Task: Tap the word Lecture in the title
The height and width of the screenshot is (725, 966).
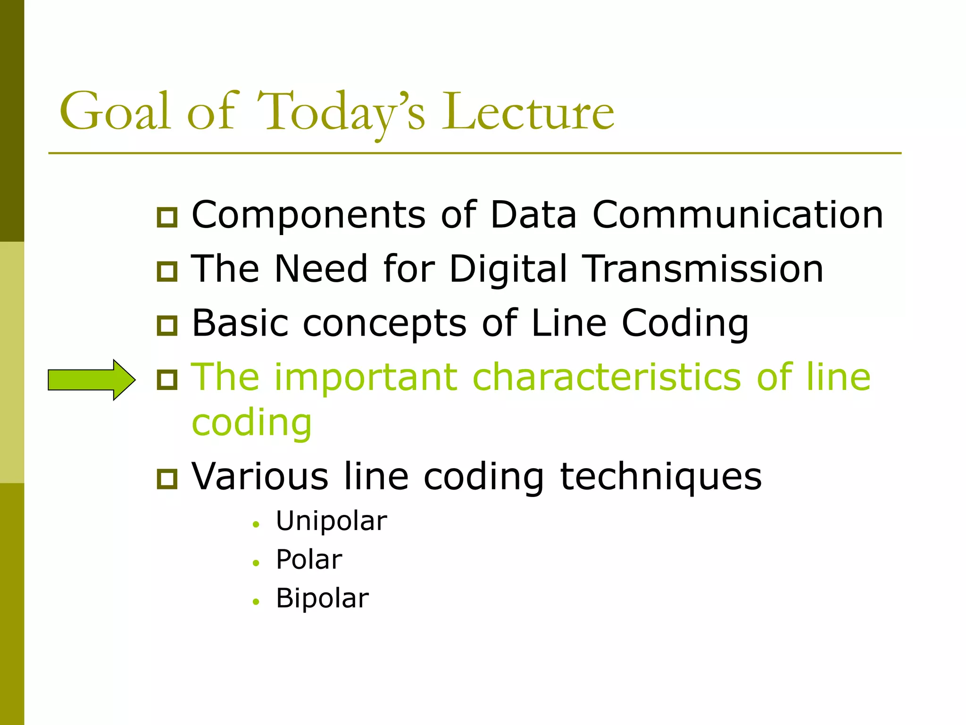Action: click(528, 111)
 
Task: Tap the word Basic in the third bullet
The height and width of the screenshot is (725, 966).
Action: click(240, 323)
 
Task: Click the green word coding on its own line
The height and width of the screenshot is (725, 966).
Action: click(252, 423)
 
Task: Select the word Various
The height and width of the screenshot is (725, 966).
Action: click(260, 477)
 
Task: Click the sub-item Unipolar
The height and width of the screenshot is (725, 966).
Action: click(332, 522)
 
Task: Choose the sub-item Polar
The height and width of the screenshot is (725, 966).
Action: click(309, 560)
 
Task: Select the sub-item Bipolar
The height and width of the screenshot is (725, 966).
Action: click(322, 599)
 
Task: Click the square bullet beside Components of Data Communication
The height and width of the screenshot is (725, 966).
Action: click(167, 217)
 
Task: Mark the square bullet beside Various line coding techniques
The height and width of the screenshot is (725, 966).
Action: click(167, 479)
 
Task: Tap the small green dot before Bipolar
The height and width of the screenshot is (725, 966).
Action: click(256, 602)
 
